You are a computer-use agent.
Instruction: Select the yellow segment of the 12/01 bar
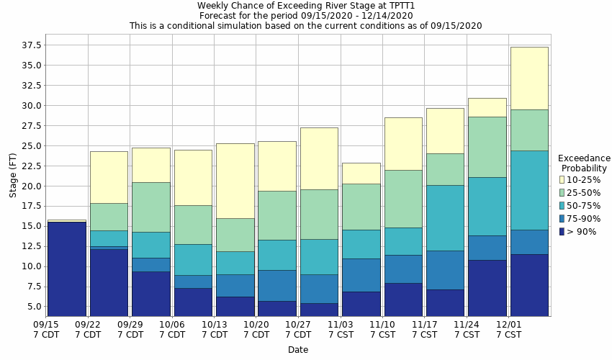pyautogui.click(x=529, y=78)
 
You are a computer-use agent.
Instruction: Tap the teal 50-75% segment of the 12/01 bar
pyautogui.click(x=529, y=190)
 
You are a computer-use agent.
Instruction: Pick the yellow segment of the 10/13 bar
pyautogui.click(x=235, y=181)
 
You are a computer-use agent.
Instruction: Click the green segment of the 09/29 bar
pyautogui.click(x=151, y=207)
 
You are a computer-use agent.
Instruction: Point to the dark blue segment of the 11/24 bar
pyautogui.click(x=487, y=288)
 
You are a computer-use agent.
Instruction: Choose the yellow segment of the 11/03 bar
pyautogui.click(x=361, y=173)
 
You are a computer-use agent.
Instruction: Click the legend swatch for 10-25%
pyautogui.click(x=562, y=179)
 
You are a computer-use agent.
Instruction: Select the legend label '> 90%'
pyautogui.click(x=582, y=232)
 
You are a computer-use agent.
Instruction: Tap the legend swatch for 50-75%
pyautogui.click(x=562, y=206)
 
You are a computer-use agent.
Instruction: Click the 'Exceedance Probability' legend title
pyautogui.click(x=584, y=163)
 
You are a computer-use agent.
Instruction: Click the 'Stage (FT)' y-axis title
pyautogui.click(x=13, y=175)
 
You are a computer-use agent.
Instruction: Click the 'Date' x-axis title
pyautogui.click(x=298, y=350)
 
